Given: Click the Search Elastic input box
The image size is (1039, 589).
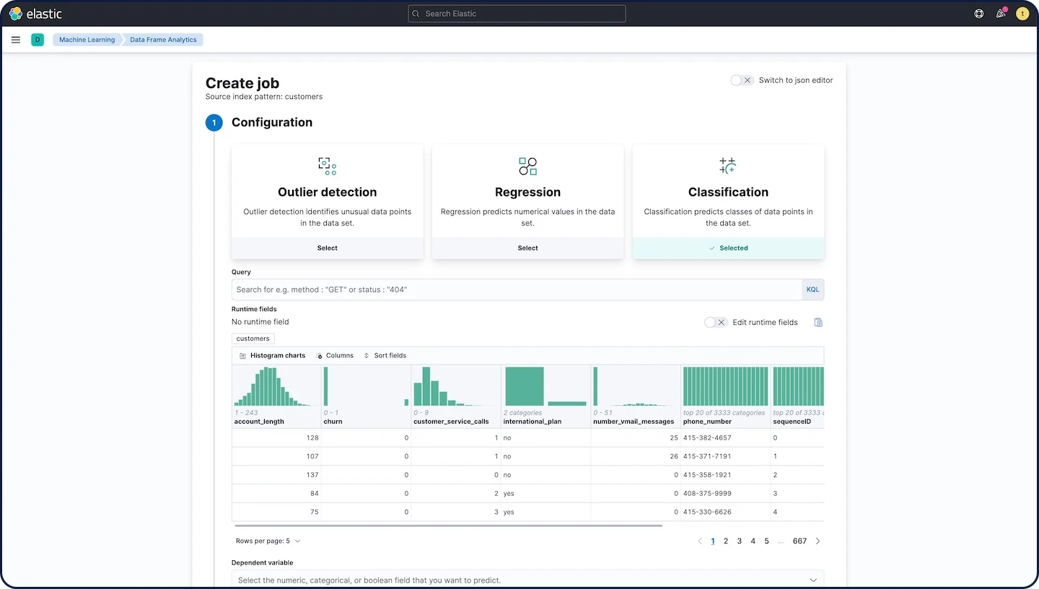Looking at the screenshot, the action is click(x=517, y=14).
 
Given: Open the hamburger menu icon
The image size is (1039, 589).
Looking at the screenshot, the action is click(x=16, y=40).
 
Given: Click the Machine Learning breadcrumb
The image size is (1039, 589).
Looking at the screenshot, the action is click(x=87, y=40).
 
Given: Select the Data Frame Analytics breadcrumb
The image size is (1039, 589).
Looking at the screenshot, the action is click(x=163, y=40).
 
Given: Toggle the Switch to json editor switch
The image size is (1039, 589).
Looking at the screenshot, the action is click(x=741, y=80).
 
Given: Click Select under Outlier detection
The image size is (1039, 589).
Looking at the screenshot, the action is click(x=327, y=248).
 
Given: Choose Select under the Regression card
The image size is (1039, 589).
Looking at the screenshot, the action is click(x=527, y=248).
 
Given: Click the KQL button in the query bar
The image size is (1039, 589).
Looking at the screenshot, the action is click(x=812, y=289).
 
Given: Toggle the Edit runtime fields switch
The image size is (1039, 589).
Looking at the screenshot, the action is click(x=716, y=322).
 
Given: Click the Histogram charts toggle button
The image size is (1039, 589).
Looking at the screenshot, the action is click(x=272, y=356).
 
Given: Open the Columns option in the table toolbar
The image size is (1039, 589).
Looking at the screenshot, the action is click(x=335, y=356).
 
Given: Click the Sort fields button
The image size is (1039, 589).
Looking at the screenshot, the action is click(x=385, y=356).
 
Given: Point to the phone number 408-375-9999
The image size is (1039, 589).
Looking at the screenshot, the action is click(x=707, y=494).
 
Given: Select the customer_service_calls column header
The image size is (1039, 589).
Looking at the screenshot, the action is click(x=451, y=422).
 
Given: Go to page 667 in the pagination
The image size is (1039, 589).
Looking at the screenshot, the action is click(x=799, y=541).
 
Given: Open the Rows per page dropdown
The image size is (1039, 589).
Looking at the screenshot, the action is click(x=268, y=541).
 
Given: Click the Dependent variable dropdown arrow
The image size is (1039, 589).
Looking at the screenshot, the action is click(x=813, y=580).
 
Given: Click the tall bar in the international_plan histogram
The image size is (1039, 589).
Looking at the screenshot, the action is click(x=524, y=386).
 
